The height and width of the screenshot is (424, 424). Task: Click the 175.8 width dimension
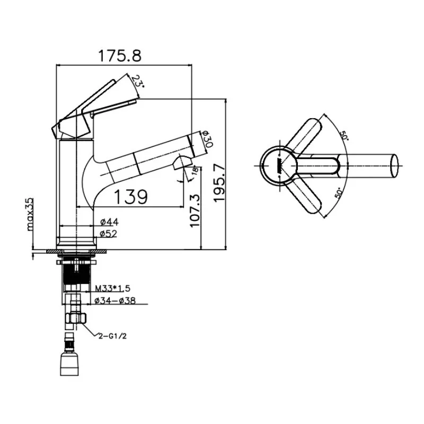coord(120,56)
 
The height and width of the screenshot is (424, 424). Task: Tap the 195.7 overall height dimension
coord(219,182)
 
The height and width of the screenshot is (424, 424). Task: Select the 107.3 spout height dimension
coord(195,210)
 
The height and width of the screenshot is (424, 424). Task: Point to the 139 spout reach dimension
coord(131,197)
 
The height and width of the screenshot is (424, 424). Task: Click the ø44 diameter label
coord(110,222)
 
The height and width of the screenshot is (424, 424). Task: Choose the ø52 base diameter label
coord(109,233)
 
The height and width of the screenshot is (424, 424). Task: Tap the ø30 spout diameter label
coord(207,139)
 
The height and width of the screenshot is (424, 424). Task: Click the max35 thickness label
coord(30,214)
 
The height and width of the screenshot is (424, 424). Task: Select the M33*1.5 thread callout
coord(112,288)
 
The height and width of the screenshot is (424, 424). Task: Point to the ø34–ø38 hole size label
coord(115,301)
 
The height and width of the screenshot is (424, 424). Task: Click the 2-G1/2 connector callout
coord(112,336)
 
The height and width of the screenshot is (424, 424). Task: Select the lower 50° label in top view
coord(339,193)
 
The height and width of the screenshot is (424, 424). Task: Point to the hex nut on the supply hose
coord(76,318)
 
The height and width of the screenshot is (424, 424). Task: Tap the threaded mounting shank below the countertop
coord(76,274)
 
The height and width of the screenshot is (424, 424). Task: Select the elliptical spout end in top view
coord(394,166)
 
